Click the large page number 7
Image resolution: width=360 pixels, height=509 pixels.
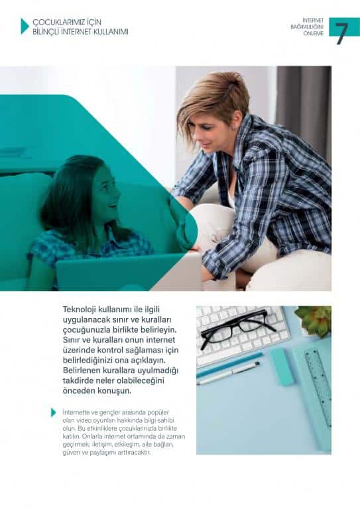pyautogui.click(x=342, y=33)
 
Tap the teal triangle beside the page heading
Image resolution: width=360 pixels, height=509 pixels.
pyautogui.click(x=25, y=27)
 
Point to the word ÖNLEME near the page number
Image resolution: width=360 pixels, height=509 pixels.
pyautogui.click(x=314, y=33)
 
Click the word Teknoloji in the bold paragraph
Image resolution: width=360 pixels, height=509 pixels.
pyautogui.click(x=80, y=310)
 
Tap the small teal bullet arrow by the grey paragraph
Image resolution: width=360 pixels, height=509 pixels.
pyautogui.click(x=54, y=413)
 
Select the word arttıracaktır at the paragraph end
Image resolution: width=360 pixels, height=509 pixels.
pyautogui.click(x=137, y=453)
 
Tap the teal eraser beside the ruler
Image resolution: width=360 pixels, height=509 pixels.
pyautogui.click(x=282, y=367)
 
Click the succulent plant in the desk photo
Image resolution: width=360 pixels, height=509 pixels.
pyautogui.click(x=314, y=320)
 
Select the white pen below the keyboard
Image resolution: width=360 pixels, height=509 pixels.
pyautogui.click(x=228, y=373)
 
